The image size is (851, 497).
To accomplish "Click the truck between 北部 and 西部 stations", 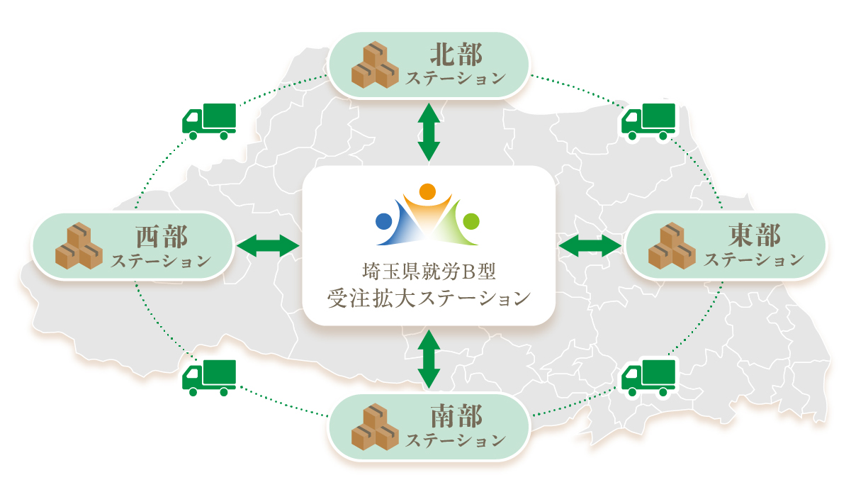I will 209,121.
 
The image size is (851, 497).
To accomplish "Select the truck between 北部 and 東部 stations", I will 648,121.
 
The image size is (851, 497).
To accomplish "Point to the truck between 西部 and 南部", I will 209,378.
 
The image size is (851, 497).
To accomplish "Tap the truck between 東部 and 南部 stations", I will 648,377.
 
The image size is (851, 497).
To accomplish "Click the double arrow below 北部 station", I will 429,131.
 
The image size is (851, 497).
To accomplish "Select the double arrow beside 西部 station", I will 268,246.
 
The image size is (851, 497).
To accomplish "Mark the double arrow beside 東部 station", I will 590,246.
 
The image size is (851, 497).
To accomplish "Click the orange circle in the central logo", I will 427,191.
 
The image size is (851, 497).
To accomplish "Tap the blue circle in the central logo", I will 383,220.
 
